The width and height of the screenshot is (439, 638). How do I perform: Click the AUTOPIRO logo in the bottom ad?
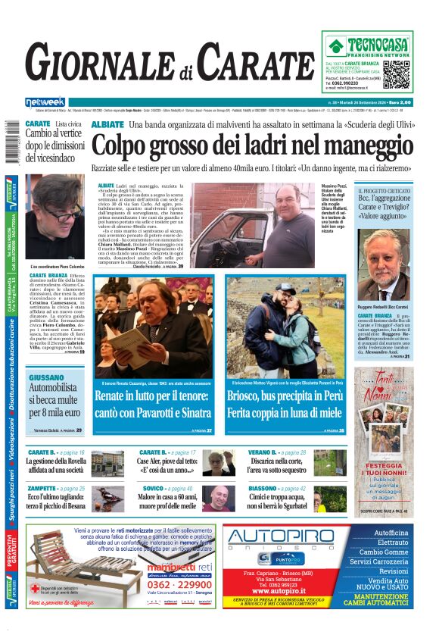pos(281,536)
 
